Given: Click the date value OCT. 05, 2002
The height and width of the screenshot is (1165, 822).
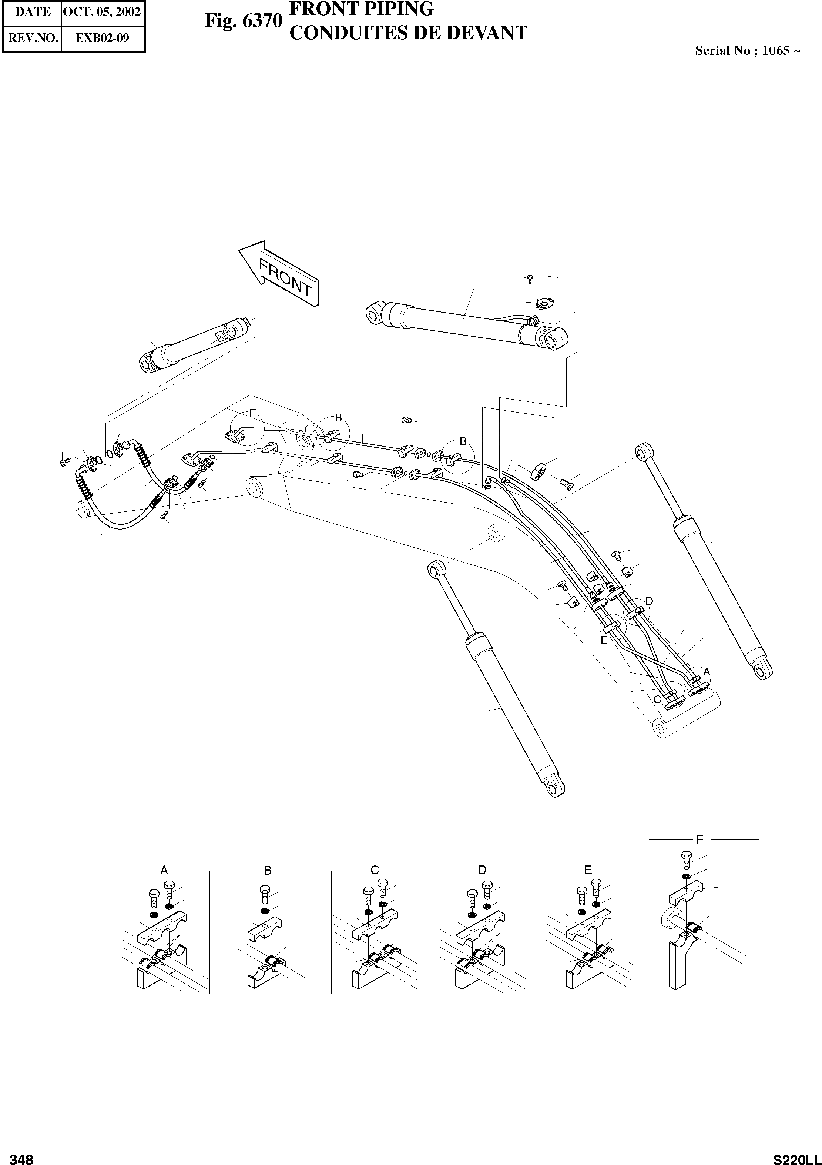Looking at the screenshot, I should (x=103, y=12).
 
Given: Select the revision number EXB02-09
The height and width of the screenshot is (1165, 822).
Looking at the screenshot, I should (x=103, y=38).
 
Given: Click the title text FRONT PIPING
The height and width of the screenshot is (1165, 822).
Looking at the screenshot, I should (x=361, y=9).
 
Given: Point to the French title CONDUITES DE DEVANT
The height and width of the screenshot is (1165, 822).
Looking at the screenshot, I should (x=408, y=33).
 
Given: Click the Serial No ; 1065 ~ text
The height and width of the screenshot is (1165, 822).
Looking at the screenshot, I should (x=748, y=50).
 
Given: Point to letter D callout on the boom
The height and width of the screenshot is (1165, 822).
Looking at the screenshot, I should (x=649, y=601).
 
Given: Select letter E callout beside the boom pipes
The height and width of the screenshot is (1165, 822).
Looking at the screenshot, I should (x=604, y=640).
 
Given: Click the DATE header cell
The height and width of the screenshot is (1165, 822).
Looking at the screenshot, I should (x=33, y=12).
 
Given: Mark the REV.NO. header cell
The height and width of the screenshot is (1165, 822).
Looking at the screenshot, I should (x=33, y=38).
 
